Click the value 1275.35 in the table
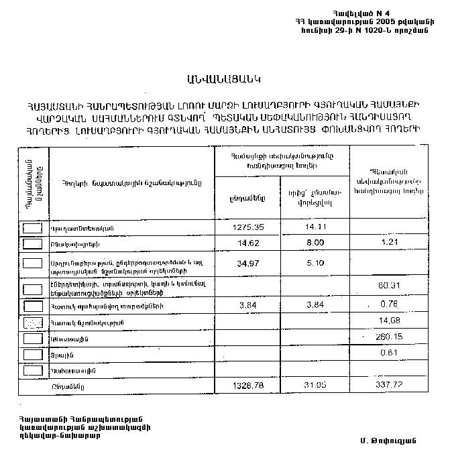tap(246, 227)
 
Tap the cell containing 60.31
tap(389, 286)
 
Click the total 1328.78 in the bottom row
tap(246, 386)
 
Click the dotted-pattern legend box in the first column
tap(32, 323)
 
